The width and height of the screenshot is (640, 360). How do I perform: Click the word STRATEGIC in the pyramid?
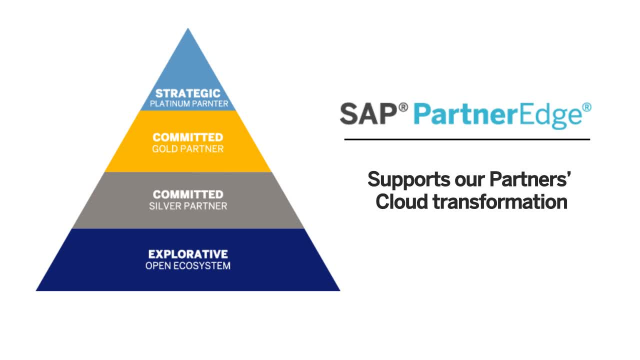188,93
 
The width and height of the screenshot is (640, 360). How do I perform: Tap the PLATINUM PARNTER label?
188,104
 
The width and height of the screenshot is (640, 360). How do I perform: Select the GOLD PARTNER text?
188,149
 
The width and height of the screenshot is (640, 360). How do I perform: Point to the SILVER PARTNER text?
188,206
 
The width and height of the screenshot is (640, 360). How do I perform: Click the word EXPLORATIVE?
188,253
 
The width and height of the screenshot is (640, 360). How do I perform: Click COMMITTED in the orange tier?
188,137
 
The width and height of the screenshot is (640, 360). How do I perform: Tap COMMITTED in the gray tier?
188,194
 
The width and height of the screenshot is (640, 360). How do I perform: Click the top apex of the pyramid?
188,31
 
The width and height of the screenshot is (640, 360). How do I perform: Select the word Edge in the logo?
553,115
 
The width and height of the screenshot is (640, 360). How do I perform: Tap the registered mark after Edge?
586,106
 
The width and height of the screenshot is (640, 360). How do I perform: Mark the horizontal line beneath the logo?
465,139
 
